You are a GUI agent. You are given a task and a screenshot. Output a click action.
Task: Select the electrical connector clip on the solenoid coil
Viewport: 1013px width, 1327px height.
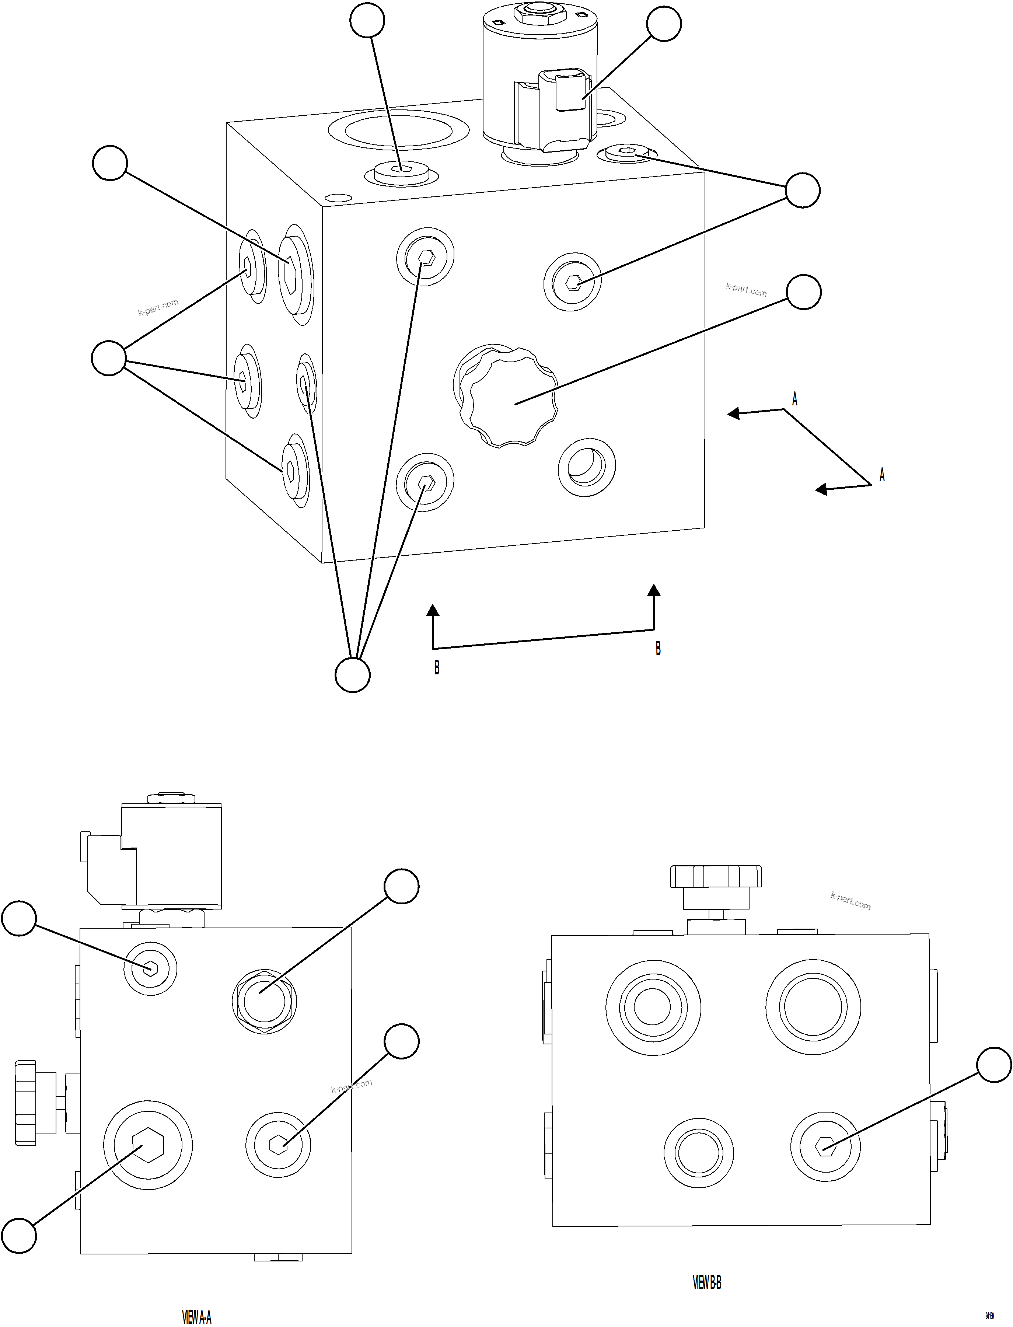tap(569, 90)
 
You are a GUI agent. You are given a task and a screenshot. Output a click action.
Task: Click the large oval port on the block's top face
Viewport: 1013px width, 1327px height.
tap(398, 130)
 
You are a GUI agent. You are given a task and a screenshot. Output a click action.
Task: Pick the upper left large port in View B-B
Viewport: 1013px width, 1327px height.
tap(653, 1006)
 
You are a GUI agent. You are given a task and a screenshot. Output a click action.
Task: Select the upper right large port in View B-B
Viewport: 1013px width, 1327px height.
tap(813, 1006)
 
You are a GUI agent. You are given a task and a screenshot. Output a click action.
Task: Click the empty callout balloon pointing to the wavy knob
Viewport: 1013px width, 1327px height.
tap(804, 292)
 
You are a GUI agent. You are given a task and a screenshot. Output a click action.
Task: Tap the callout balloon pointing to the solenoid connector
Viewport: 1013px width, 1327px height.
tap(664, 24)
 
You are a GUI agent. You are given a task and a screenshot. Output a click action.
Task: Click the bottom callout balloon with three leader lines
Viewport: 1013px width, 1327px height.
tap(352, 675)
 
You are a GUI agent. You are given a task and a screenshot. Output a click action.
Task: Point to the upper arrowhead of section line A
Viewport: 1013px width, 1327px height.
tap(733, 413)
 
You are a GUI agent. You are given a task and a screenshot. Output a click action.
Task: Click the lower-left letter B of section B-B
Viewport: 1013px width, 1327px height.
tap(437, 668)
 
